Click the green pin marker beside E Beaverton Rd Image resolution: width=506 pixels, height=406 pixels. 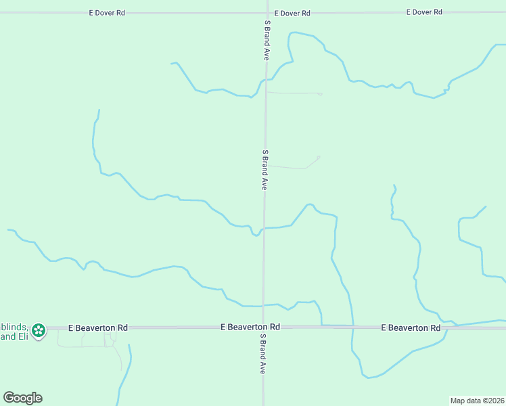coord(39,330)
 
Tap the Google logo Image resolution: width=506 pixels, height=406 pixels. coord(22,398)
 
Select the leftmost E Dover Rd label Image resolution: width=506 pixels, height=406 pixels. coord(108,13)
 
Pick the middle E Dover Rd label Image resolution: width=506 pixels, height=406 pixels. coord(292,13)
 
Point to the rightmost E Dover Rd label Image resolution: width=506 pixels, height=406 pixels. coord(424,12)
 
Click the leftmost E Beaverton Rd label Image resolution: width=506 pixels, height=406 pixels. coord(97,328)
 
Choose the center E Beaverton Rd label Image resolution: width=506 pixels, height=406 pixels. coord(250,327)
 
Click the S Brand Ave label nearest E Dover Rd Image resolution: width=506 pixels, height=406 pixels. coord(267,40)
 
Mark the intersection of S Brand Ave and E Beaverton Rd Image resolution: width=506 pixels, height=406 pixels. coord(263,327)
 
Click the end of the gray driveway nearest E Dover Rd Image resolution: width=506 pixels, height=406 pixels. coord(321,93)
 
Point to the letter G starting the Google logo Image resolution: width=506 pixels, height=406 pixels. coord(9,398)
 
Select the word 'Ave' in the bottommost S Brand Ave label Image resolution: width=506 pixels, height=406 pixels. coord(262,366)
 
